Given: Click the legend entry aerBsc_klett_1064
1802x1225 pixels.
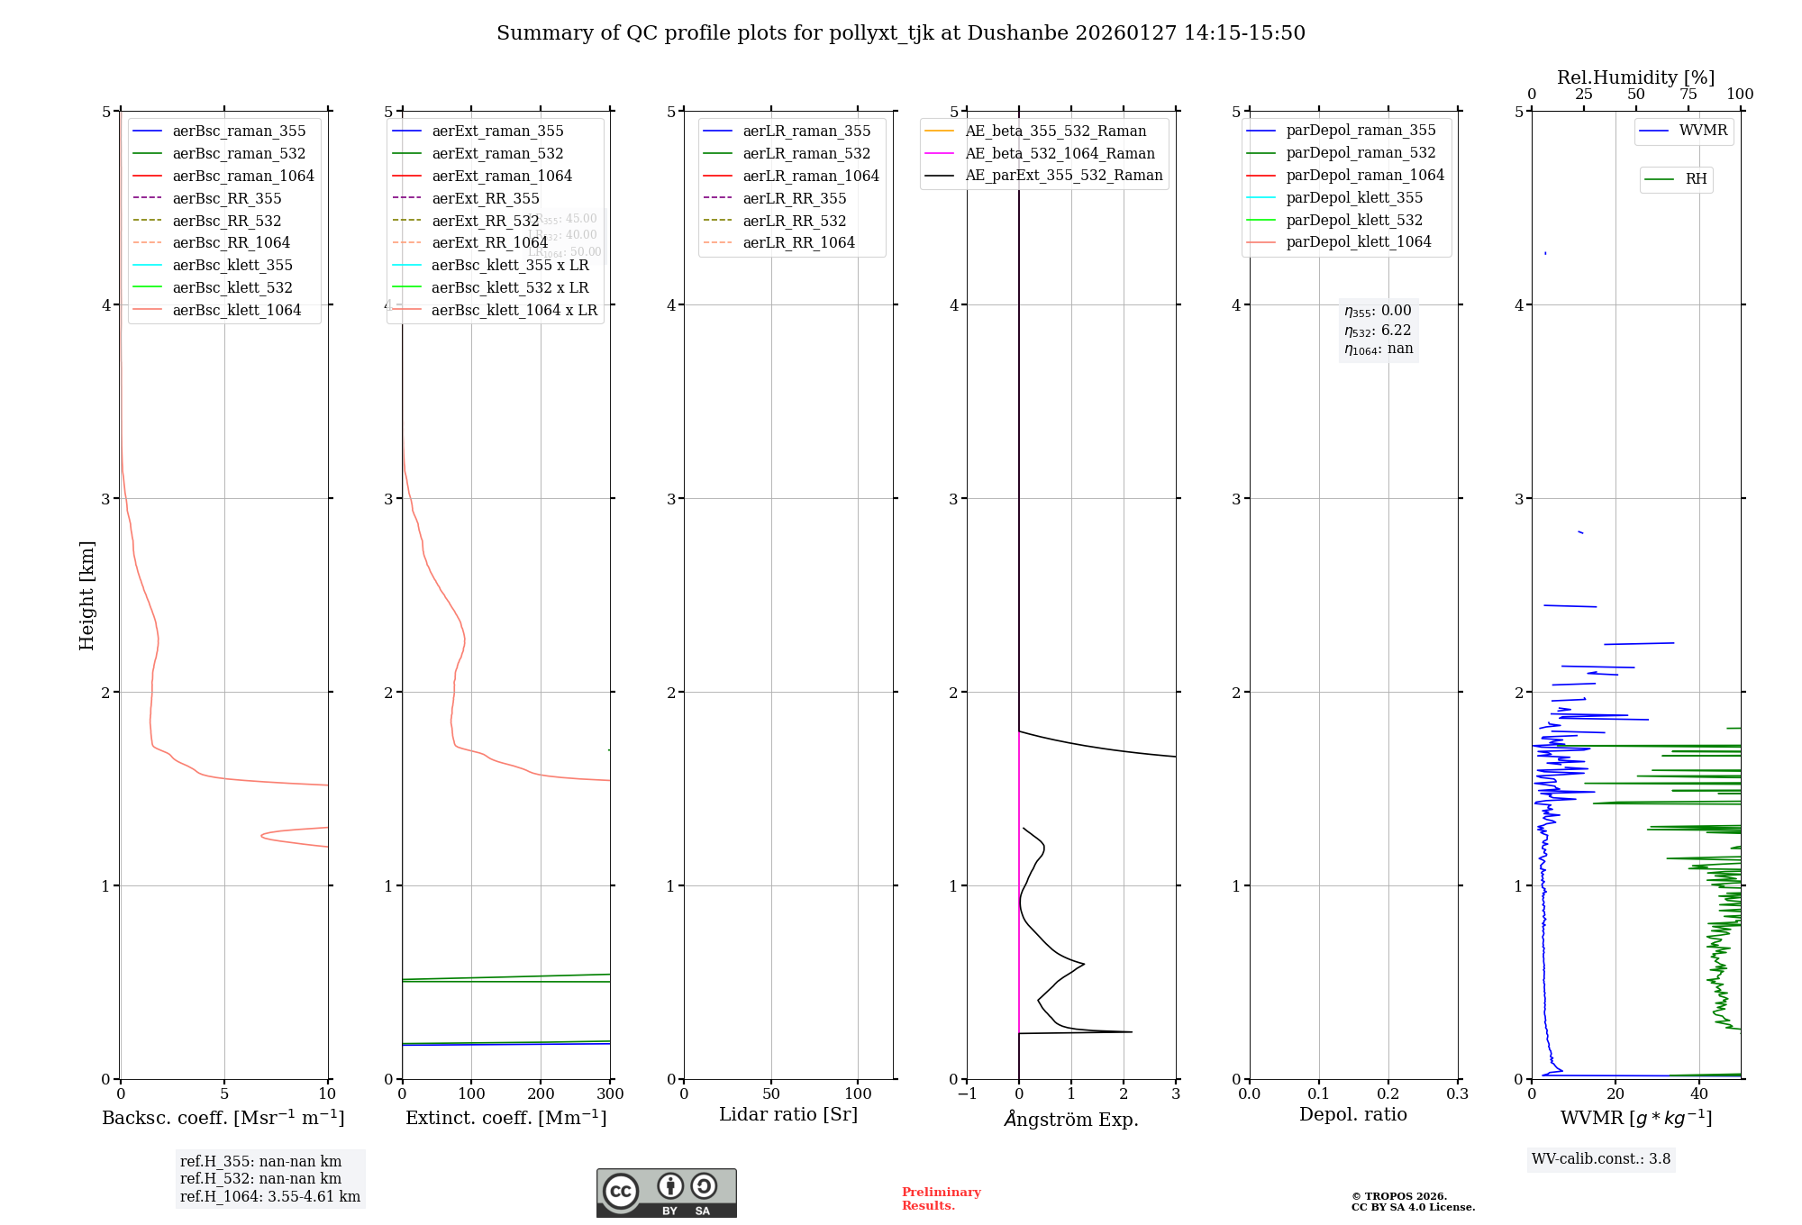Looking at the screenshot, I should point(236,310).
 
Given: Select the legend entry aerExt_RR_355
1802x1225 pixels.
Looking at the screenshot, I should point(485,198).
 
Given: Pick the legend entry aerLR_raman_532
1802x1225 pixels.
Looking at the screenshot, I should point(805,153).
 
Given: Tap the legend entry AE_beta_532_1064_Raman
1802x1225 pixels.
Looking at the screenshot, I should point(1059,153).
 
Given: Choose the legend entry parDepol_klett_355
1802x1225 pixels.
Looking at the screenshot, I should point(1353,197).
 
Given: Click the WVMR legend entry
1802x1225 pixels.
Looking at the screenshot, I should point(1702,131).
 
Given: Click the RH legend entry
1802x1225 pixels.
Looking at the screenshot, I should point(1695,179).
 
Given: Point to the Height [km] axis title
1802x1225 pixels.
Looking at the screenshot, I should point(86,595).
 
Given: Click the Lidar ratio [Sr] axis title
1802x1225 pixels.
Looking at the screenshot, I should point(787,1114).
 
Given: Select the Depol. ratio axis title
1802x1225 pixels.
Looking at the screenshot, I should point(1352,1114).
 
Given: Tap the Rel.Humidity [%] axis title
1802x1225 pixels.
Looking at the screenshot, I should point(1635,77).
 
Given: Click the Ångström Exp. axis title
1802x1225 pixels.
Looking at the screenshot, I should point(1070,1119).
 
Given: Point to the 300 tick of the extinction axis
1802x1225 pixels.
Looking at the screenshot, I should point(610,1094).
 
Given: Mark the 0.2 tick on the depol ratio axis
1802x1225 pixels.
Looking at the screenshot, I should point(1388,1094).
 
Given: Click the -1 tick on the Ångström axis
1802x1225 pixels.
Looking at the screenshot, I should point(967,1094).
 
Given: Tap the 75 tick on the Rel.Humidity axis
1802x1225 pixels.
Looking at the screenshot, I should point(1688,95).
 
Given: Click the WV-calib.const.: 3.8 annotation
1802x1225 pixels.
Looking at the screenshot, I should point(1600,1159).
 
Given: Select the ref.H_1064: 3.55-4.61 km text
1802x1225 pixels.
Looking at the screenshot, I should point(269,1196).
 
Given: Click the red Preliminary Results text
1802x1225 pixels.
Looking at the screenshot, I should point(941,1199).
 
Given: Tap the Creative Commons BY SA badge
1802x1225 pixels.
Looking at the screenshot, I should point(666,1193).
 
